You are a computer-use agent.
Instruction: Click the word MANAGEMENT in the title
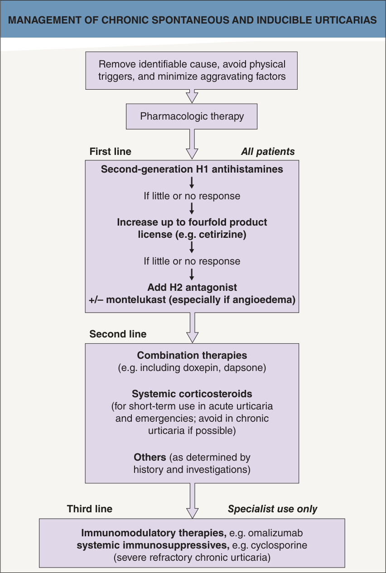coord(44,20)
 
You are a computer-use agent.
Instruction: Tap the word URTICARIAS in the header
coord(346,20)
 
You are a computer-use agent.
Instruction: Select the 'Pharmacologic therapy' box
coord(192,116)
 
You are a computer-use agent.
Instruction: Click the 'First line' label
coord(110,151)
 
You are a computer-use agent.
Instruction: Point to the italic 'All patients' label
coord(268,152)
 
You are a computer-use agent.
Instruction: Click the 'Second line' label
coord(118,334)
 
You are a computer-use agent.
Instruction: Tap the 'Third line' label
coord(90,509)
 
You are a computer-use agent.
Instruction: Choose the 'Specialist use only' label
coord(273,509)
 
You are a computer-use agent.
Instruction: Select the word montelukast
coord(136,299)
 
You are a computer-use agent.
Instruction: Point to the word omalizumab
coord(275,533)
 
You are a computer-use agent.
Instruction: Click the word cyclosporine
coord(279,545)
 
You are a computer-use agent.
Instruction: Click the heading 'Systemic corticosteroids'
coord(192,394)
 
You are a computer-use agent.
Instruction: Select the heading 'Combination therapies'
coord(192,356)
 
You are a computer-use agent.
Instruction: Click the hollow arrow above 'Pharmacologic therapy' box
coord(192,96)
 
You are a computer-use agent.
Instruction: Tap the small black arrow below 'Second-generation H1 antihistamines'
coord(192,183)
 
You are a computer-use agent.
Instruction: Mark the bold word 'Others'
coord(150,457)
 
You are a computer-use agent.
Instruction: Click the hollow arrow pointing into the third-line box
coord(193,501)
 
